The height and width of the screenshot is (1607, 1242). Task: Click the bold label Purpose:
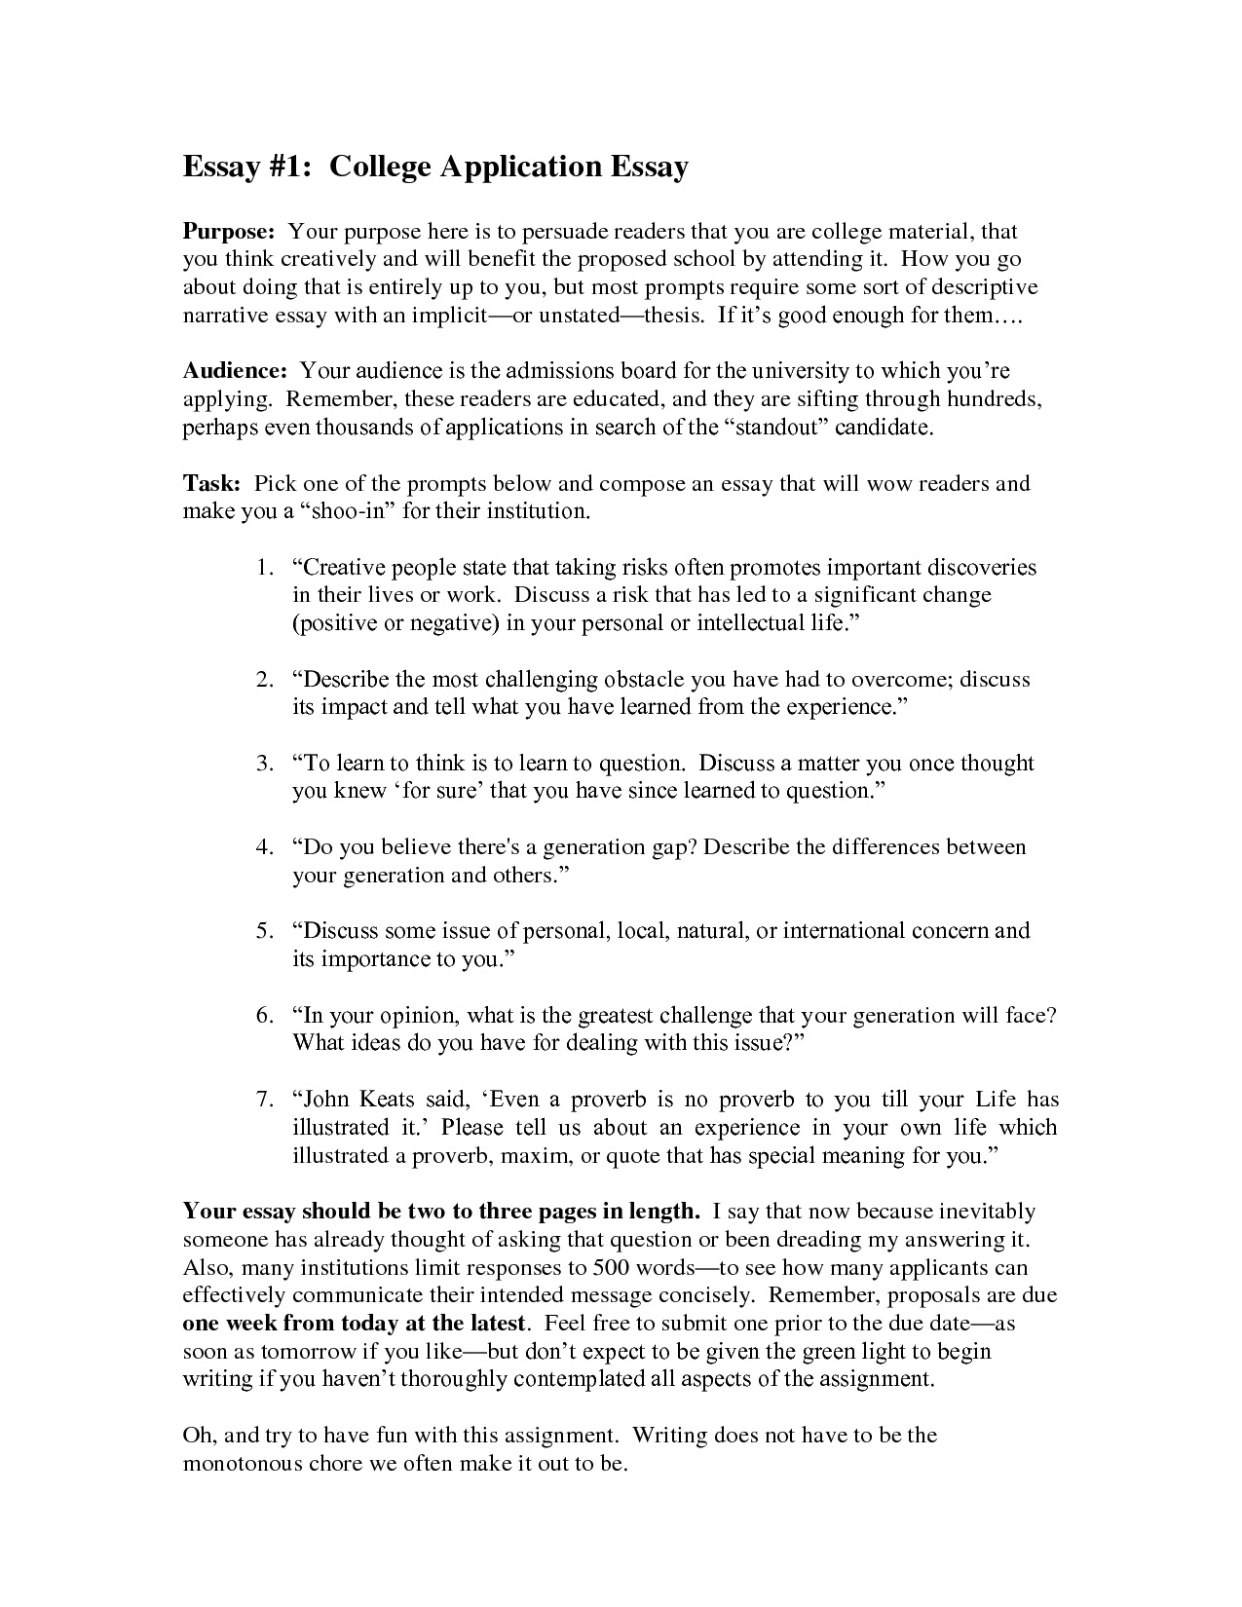coord(230,233)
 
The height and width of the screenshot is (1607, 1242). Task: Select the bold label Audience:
coord(235,371)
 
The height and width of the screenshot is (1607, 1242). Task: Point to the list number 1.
coord(263,568)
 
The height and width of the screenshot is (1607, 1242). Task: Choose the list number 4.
coord(263,847)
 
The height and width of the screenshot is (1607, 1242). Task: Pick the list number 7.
coord(263,1101)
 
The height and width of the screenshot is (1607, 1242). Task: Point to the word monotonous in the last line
coord(241,1465)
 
